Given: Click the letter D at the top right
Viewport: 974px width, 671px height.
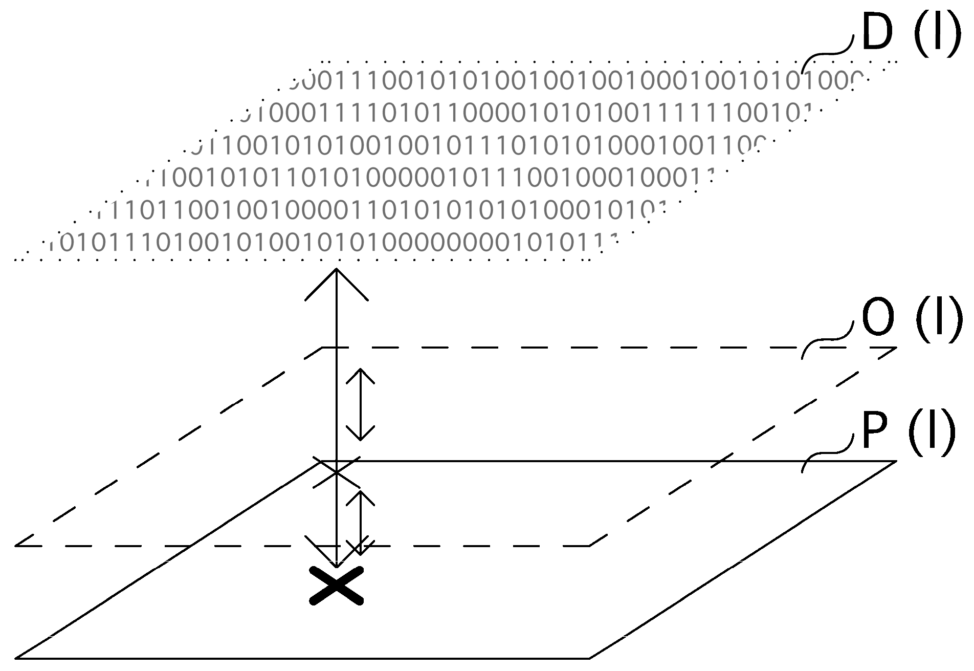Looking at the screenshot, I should (877, 33).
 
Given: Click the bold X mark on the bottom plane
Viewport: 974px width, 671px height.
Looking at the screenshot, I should (337, 586).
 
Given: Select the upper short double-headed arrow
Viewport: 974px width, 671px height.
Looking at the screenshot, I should (360, 404).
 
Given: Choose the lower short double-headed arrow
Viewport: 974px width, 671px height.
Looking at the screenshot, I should (360, 522).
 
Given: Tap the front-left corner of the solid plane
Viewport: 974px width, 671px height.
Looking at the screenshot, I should (16, 658).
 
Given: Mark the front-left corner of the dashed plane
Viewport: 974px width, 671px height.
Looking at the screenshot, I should (16, 546).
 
